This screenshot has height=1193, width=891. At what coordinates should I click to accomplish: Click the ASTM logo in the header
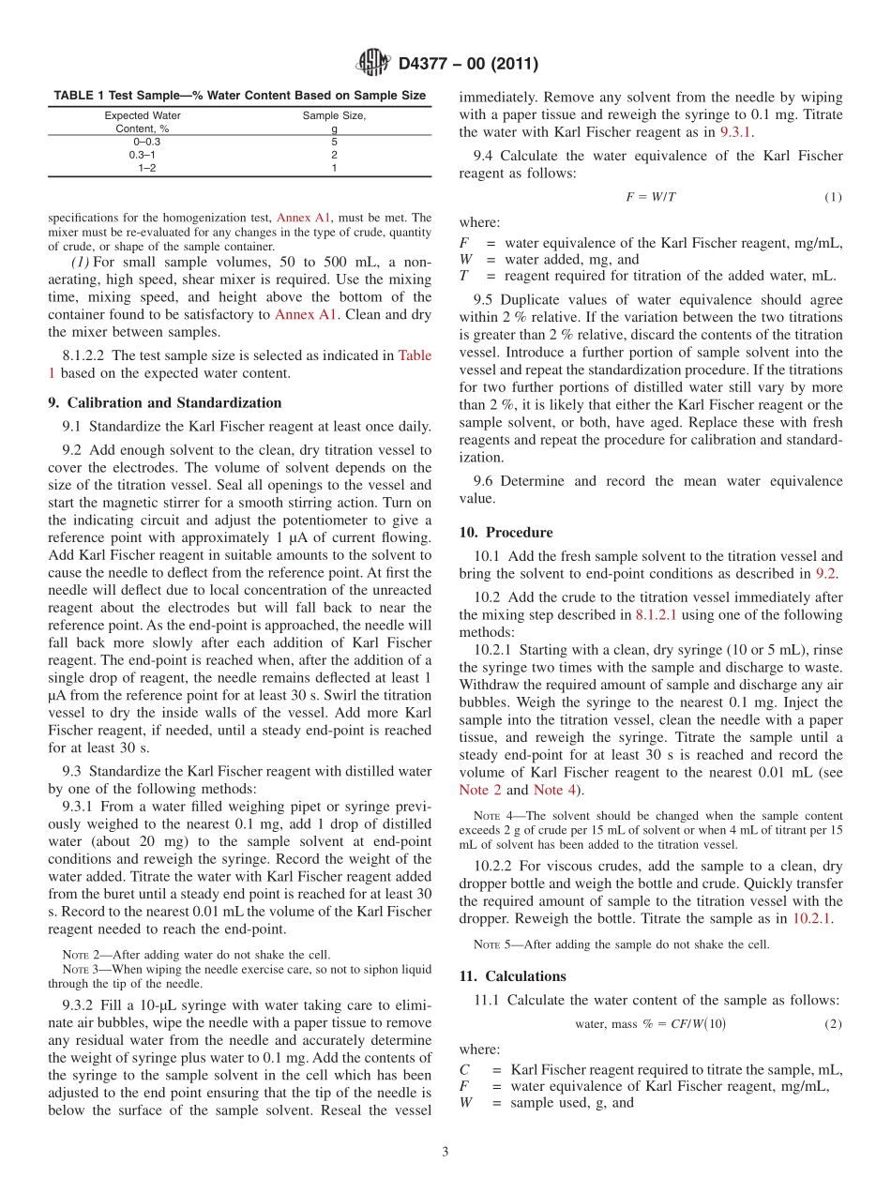coord(373,65)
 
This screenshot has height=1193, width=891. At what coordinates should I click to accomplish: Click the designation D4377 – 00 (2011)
coord(468,65)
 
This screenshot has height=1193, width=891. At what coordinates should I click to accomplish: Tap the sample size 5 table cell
coord(334,141)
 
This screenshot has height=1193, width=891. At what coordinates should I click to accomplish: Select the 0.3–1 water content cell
coord(143,154)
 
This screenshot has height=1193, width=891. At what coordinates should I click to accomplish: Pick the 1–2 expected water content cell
coord(147,167)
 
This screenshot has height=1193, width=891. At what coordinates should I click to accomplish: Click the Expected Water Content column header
coord(143,122)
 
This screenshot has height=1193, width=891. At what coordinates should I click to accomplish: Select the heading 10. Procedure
coord(506,533)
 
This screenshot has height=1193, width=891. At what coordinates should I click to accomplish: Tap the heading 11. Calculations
coord(512,976)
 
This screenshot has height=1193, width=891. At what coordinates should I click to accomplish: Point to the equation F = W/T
coord(651,197)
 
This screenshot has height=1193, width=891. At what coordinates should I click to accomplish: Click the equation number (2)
coord(833,1024)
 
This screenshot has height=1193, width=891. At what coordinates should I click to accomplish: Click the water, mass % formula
coord(650,1024)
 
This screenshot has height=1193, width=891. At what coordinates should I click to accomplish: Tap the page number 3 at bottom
coord(445,1152)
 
